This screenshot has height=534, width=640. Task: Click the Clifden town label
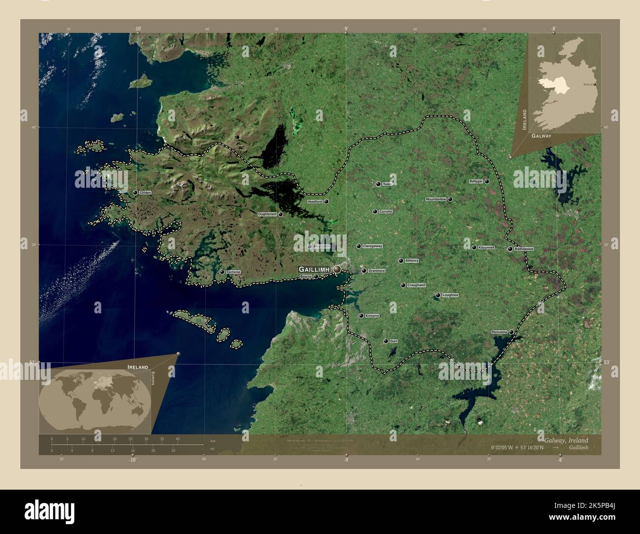click(x=145, y=193)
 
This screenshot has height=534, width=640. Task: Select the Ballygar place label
click(x=476, y=181)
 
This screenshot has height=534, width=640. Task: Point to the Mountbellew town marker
click(x=450, y=199)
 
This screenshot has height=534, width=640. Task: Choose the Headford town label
click(x=315, y=201)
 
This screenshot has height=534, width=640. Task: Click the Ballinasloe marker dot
click(x=510, y=249)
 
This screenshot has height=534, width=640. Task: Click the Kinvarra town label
click(x=372, y=316)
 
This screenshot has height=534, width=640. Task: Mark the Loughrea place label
click(x=450, y=295)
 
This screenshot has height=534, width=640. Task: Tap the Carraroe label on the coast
click(x=233, y=272)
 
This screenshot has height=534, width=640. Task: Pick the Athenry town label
click(x=412, y=261)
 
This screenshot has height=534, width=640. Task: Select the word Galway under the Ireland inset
click(x=541, y=135)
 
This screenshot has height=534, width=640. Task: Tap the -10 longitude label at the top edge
click(x=137, y=29)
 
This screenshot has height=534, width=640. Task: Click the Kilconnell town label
click(x=486, y=247)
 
